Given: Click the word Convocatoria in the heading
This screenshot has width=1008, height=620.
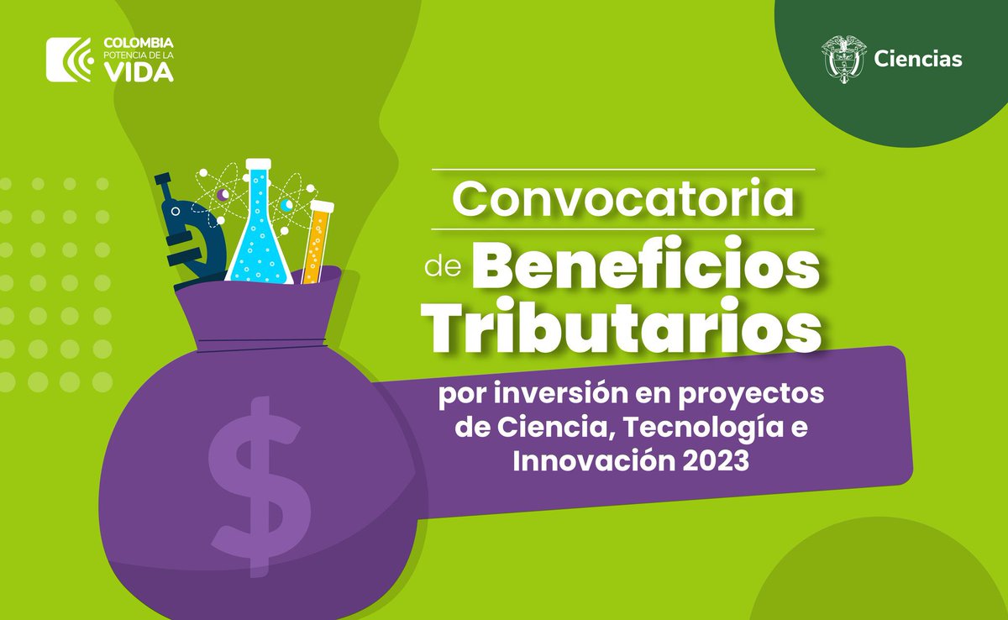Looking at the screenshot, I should tap(624, 199).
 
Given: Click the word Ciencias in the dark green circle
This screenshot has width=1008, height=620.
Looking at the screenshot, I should tap(918, 59).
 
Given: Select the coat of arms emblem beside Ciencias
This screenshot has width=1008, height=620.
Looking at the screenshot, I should tap(843, 57).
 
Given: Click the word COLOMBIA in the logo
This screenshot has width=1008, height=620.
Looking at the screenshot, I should tap(139, 41).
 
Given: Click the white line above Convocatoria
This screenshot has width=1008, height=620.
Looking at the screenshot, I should tap(624, 170).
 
